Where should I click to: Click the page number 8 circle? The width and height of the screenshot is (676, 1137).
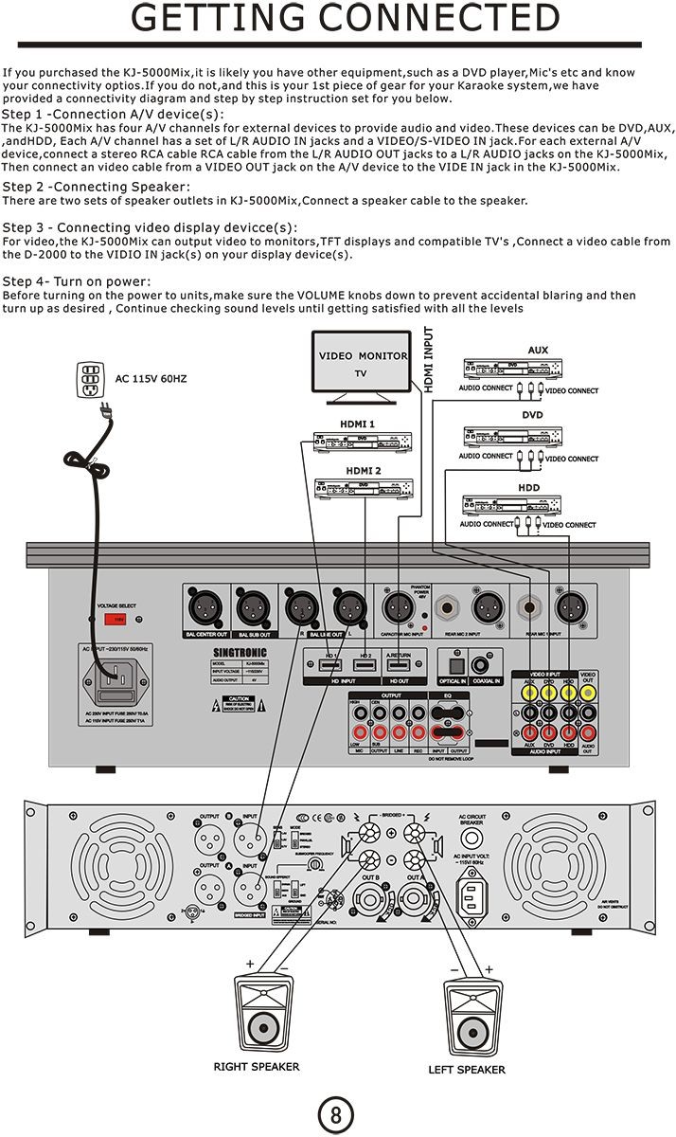336,1114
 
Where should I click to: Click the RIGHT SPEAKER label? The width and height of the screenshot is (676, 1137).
256,1067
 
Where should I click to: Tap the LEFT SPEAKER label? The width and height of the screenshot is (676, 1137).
467,1070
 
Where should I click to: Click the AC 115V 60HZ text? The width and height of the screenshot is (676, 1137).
151,379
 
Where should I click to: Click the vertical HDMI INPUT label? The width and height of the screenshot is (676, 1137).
428,360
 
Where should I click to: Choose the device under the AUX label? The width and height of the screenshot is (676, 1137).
512,369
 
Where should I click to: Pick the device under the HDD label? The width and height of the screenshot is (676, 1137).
512,505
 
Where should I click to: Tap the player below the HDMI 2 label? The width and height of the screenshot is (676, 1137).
365,487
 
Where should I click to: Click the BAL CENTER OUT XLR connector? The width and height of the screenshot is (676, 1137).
207,605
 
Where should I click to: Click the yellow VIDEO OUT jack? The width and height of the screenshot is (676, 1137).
588,693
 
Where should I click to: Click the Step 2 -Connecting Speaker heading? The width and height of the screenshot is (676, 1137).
96,187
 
